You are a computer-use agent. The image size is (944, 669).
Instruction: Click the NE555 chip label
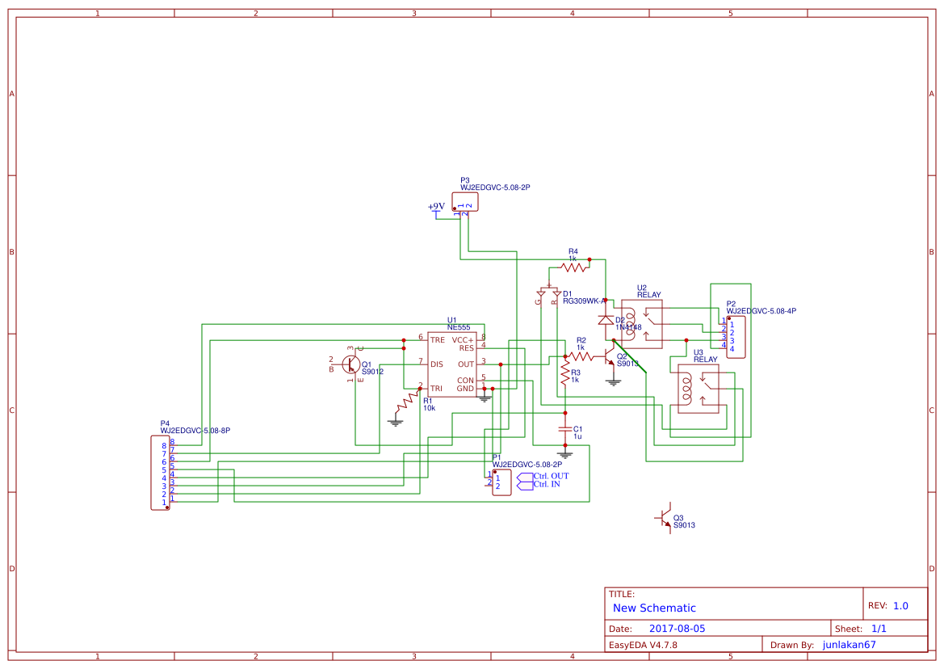(x=459, y=327)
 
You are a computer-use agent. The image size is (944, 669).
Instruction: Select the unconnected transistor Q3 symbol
(x=664, y=518)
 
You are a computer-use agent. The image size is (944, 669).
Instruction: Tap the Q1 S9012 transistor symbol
(x=352, y=364)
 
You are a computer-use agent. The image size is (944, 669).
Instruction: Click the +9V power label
(x=436, y=207)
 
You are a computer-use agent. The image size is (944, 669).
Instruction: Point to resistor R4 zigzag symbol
(x=573, y=267)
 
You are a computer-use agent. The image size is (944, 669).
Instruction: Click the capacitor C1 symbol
(x=565, y=429)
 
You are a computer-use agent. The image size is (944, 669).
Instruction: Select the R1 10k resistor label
(x=428, y=404)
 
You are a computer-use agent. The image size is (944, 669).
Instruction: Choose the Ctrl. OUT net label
(x=551, y=476)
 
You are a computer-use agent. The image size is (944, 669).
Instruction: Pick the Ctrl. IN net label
(x=547, y=485)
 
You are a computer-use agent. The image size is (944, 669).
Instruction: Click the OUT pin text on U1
(x=466, y=364)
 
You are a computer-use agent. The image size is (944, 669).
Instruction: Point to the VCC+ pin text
(x=463, y=340)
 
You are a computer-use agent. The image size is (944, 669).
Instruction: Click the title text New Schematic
(x=654, y=608)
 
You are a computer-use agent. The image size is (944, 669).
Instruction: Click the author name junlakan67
(x=849, y=645)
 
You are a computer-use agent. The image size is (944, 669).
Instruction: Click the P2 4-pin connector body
(x=736, y=336)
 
